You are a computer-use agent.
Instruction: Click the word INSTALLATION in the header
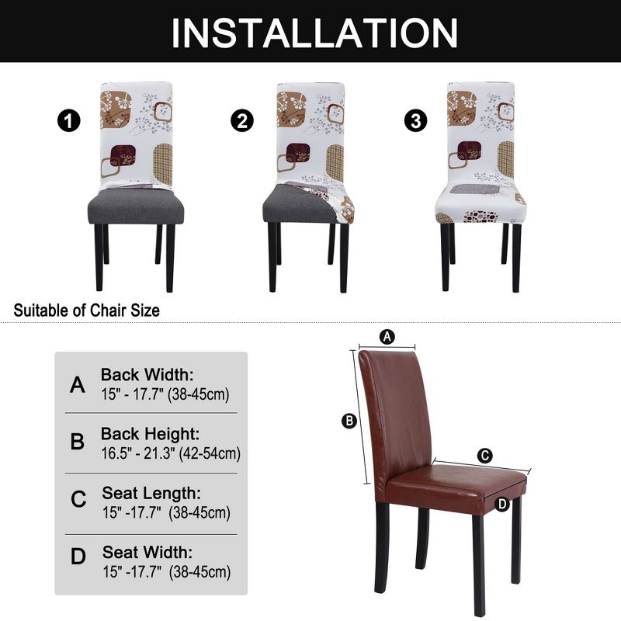click(x=314, y=32)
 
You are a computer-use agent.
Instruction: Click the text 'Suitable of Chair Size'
click(x=87, y=310)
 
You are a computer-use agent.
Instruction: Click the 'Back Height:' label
click(x=150, y=434)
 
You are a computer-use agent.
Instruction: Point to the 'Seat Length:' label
click(x=151, y=494)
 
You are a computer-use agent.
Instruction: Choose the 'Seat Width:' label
click(x=147, y=553)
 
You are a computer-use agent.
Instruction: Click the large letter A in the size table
click(x=78, y=385)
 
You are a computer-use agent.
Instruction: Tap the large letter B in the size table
click(x=78, y=442)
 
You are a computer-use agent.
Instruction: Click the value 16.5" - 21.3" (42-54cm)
click(x=171, y=453)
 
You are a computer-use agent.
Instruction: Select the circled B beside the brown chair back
click(x=349, y=421)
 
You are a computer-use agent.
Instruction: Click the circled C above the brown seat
click(x=484, y=456)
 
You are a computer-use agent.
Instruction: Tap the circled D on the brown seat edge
click(x=502, y=504)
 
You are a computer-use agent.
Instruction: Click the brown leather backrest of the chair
click(x=396, y=411)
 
